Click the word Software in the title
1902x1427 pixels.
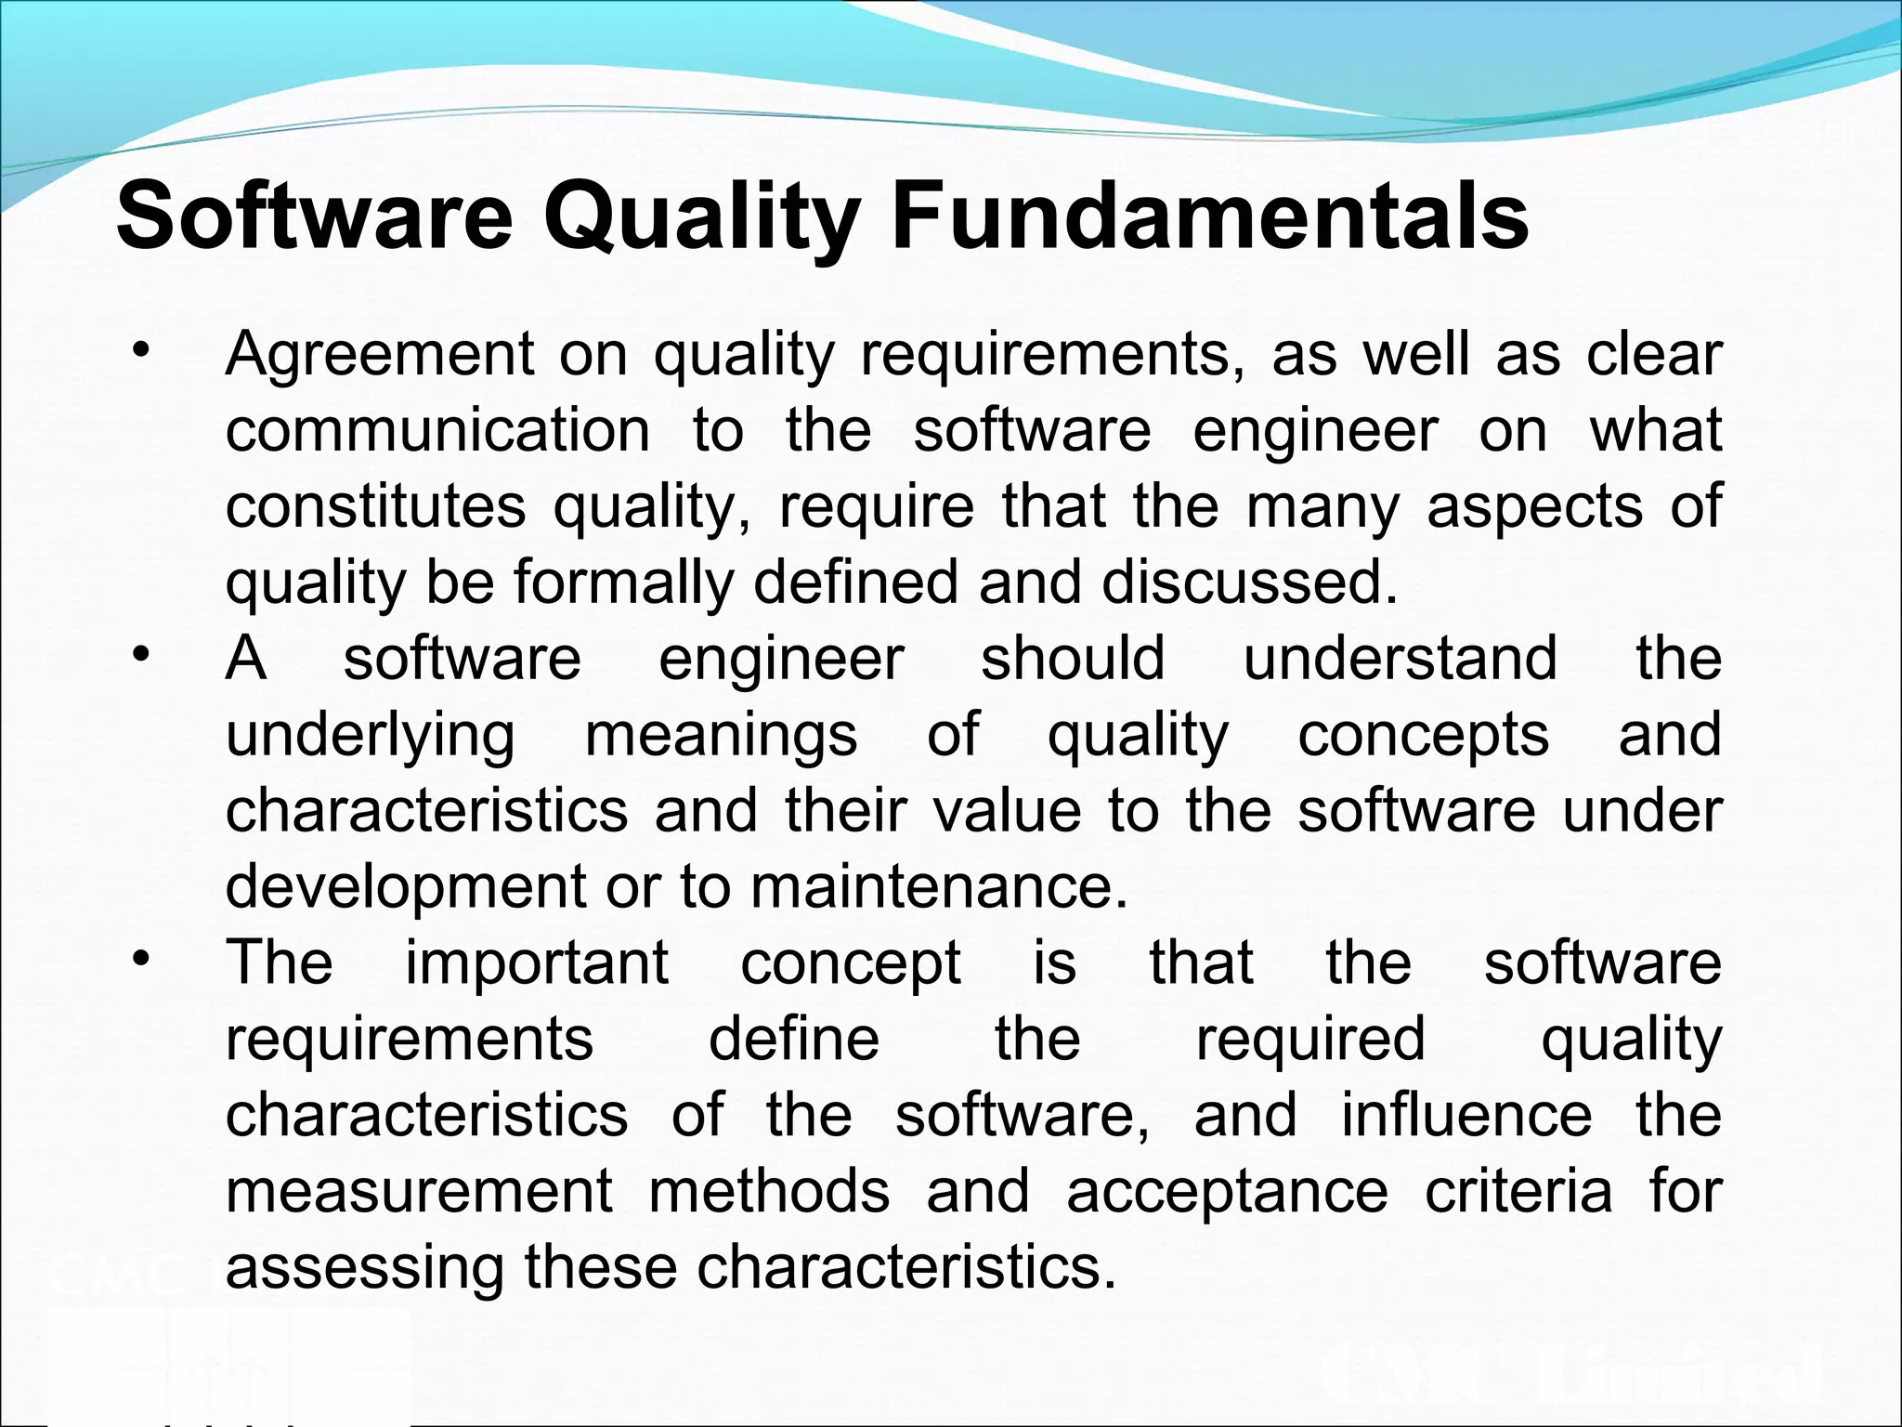point(314,217)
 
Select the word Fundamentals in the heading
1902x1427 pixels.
point(1209,217)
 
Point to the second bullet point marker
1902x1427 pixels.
point(141,655)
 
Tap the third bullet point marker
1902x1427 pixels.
point(141,959)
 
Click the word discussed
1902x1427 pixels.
point(1249,583)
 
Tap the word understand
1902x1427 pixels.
point(1400,659)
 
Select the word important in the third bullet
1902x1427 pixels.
point(537,963)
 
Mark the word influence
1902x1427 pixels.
point(1466,1115)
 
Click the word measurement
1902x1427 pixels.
point(419,1191)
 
